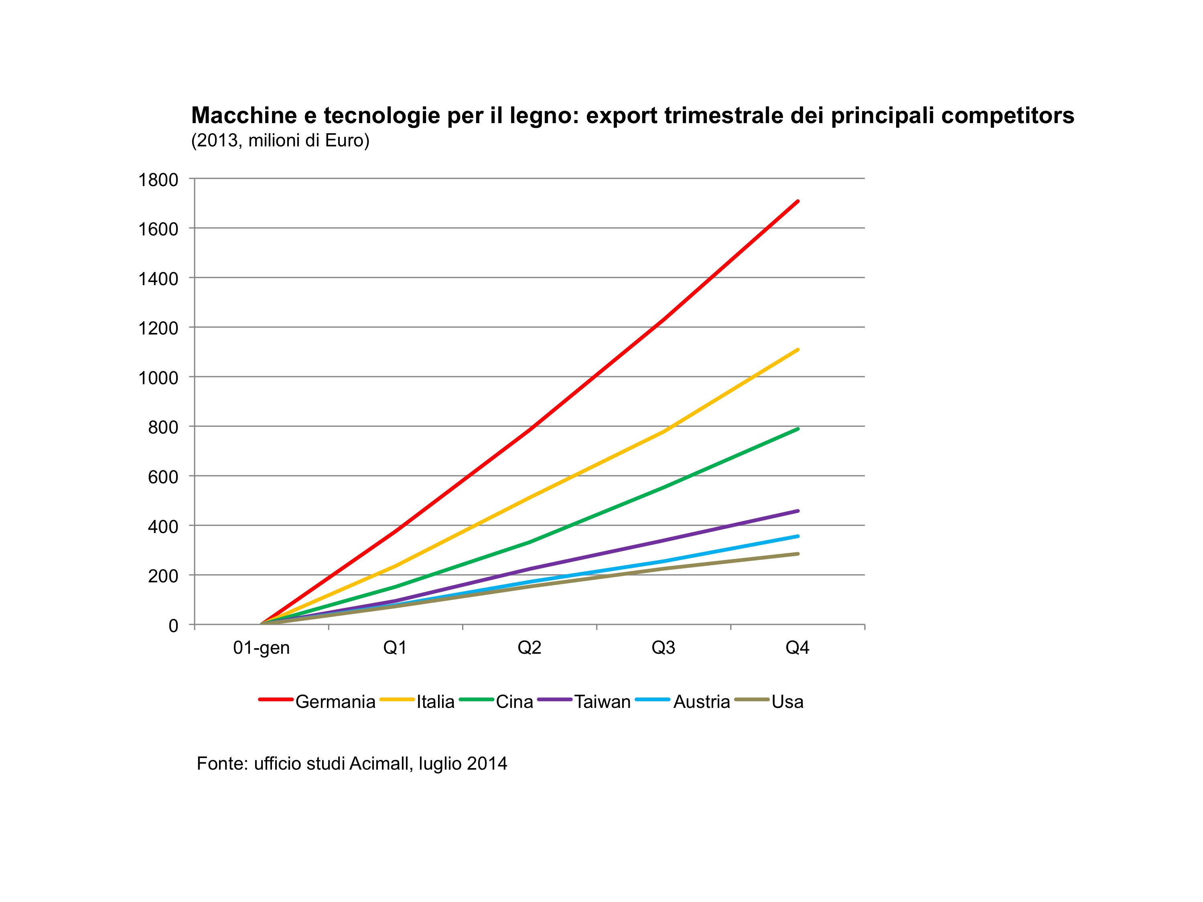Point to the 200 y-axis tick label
pos(163,576)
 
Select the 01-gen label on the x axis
pos(262,648)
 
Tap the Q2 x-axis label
pos(529,648)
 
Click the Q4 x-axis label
pos(797,648)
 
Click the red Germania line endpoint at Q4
pos(797,201)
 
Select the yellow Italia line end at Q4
pos(797,350)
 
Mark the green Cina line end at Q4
pos(797,429)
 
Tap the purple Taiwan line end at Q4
pos(797,511)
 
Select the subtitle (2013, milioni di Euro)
pos(280,141)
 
